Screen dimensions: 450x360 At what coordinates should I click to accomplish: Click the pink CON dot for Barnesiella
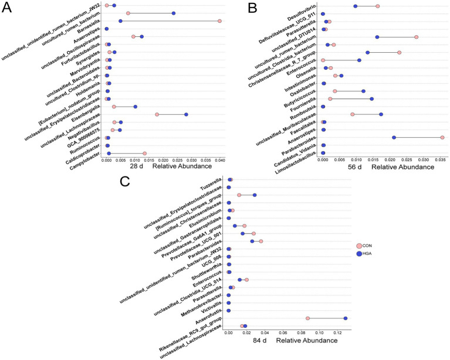[x=219, y=21]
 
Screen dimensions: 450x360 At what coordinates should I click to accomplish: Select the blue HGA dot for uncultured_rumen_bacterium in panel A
[x=174, y=13]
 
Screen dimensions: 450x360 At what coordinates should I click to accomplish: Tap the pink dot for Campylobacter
[x=145, y=154]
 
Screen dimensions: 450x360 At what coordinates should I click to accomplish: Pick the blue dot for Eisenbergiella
[x=136, y=107]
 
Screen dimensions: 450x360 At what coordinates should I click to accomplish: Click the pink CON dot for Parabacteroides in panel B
[x=442, y=138]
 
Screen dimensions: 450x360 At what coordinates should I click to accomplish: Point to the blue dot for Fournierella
[x=371, y=99]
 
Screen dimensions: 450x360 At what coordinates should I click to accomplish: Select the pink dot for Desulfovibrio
[x=378, y=6]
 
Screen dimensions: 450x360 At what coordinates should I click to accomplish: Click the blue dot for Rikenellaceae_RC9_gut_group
[x=346, y=318]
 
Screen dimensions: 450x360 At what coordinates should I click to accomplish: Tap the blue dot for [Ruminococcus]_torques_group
[x=255, y=195]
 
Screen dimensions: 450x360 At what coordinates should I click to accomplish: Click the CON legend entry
[x=364, y=246]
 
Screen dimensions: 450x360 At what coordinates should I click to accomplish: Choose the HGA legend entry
[x=364, y=253]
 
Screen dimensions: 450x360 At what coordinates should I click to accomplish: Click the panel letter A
[x=6, y=8]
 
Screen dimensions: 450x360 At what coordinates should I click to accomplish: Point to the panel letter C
[x=125, y=181]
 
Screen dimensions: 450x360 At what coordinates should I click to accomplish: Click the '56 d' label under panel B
[x=355, y=167]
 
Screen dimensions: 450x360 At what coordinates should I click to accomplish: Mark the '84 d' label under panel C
[x=260, y=341]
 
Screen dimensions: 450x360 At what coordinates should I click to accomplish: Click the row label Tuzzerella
[x=211, y=185]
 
